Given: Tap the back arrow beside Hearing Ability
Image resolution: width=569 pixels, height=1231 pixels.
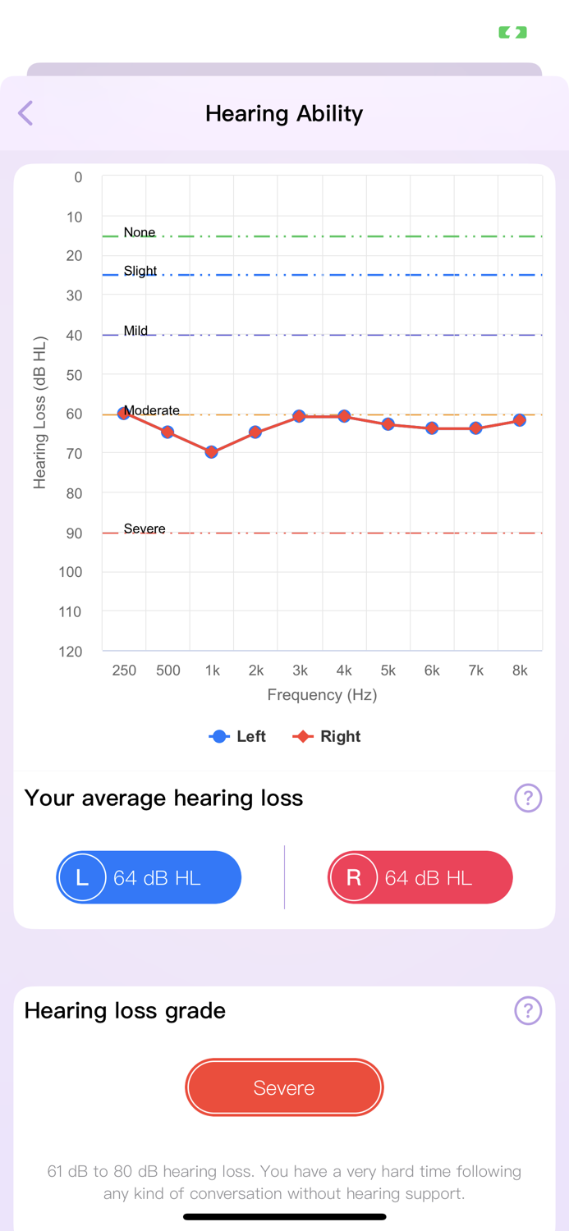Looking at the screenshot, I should coord(26,113).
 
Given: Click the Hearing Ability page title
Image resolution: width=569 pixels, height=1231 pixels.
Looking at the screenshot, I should coord(284,113).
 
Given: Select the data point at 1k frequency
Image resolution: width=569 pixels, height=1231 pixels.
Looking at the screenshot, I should coord(212,452).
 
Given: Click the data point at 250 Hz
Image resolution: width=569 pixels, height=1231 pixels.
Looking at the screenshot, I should coord(124,413).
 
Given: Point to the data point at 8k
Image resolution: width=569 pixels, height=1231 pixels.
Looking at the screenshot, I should coord(520,420).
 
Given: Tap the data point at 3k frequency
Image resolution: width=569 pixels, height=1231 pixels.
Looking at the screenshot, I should coord(300,417).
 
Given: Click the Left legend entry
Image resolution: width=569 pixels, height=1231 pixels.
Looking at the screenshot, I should coord(238,736).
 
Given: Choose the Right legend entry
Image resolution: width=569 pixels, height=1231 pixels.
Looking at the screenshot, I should coord(328,736).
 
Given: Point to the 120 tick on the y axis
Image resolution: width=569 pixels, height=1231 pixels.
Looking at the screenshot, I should coord(71,652).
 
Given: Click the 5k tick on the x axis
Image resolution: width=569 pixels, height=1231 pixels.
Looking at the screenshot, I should coord(388,670).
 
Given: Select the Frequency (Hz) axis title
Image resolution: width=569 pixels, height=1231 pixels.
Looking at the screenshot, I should coord(322,695).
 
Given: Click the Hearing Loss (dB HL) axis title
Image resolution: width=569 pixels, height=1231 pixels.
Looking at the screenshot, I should coord(39,413).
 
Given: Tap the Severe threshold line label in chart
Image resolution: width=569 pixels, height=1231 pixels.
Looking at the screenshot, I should coord(145,529).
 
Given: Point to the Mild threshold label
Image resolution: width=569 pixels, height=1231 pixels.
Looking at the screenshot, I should coord(135,331).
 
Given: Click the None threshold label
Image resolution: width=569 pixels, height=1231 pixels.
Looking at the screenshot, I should coord(140,232).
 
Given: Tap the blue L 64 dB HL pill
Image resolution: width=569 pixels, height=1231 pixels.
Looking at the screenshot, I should coord(149,877).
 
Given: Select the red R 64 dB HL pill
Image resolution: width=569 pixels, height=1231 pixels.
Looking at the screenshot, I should coord(420,877).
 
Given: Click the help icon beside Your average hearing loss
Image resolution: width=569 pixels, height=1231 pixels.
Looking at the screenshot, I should coord(528,798).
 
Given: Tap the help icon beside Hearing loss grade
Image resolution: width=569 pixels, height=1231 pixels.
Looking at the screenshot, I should coord(528,1010).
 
